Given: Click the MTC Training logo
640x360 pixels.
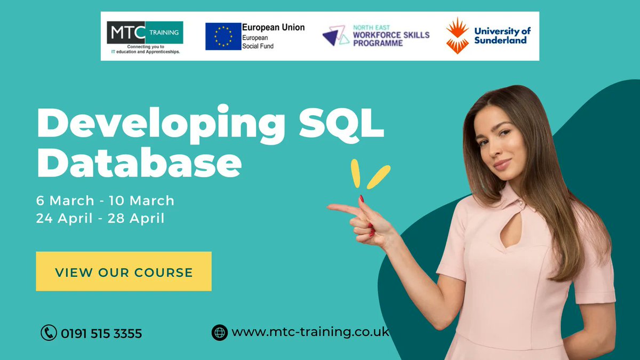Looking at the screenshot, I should (145, 36).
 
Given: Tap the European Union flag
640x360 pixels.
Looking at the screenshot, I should (223, 36).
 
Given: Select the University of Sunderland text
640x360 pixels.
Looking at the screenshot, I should (502, 36).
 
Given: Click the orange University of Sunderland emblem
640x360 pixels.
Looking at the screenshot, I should (457, 36).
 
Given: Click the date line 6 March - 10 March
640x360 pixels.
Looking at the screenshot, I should (105, 201).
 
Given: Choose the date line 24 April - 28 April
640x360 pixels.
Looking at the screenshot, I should (100, 218).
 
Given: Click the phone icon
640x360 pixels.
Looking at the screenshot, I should (49, 333).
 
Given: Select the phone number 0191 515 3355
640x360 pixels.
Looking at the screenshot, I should (101, 334).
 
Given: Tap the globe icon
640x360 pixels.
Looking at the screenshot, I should (219, 332).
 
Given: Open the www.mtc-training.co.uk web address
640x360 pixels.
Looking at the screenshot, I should (310, 332).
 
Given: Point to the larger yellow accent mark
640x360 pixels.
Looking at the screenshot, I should (379, 177).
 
